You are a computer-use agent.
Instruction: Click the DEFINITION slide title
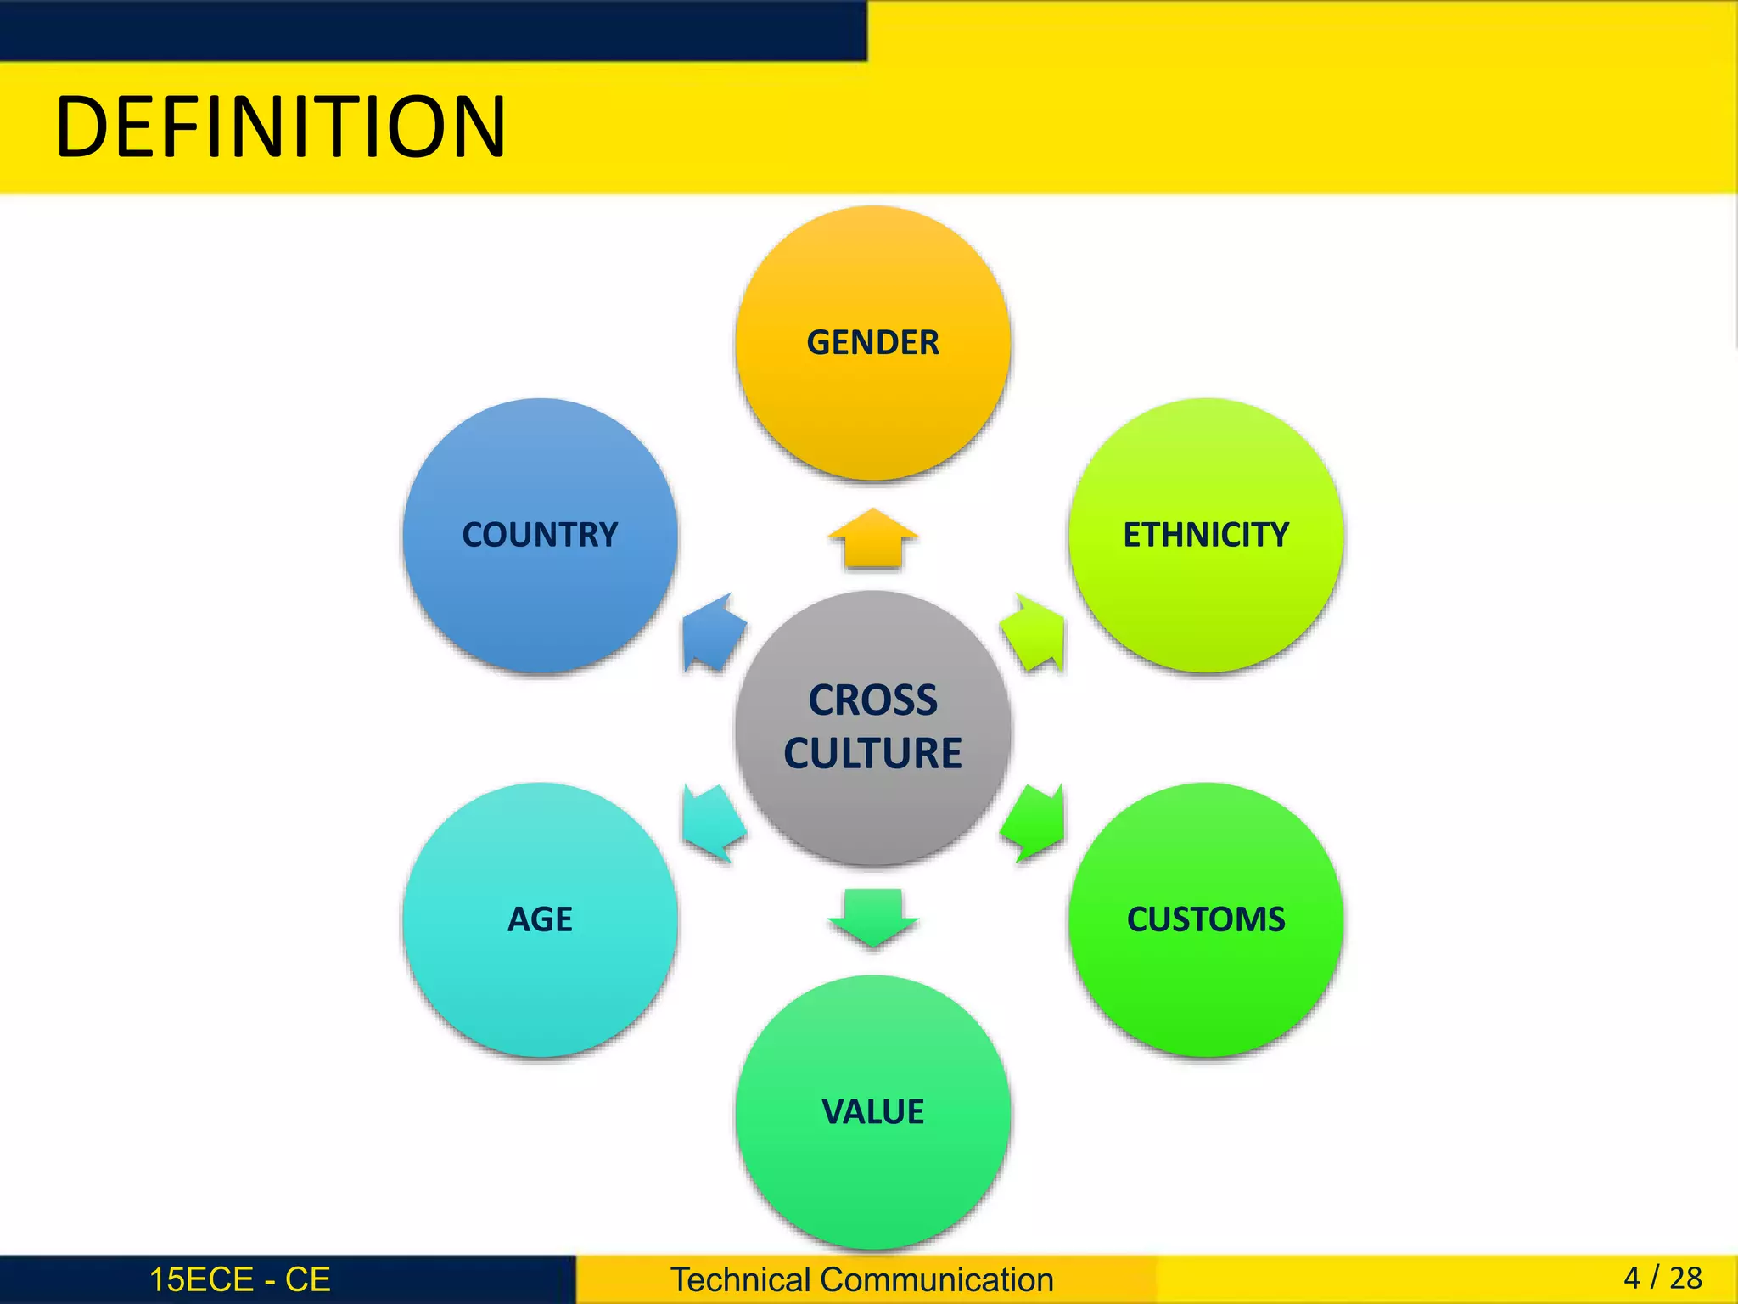coord(280,127)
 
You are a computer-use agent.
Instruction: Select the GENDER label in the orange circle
coord(872,343)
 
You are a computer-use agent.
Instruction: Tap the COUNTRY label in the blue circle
coord(540,535)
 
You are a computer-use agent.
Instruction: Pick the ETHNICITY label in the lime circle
coord(1206,535)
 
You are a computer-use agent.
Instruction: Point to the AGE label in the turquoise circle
coord(540,919)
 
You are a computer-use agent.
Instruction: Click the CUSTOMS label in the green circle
coord(1206,919)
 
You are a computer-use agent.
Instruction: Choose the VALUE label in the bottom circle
coord(872,1112)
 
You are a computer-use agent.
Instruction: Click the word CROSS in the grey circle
coord(872,701)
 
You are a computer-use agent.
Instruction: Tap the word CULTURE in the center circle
coord(872,754)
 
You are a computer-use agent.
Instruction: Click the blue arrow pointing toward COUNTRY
coord(713,633)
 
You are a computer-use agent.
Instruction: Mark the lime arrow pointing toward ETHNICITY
coord(1034,633)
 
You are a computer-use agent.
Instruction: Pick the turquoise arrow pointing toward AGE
coord(713,823)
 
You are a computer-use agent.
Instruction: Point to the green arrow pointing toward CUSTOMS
coord(1034,823)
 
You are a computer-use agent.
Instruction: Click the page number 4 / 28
coord(1662,1278)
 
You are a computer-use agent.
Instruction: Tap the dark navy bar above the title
coord(433,30)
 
